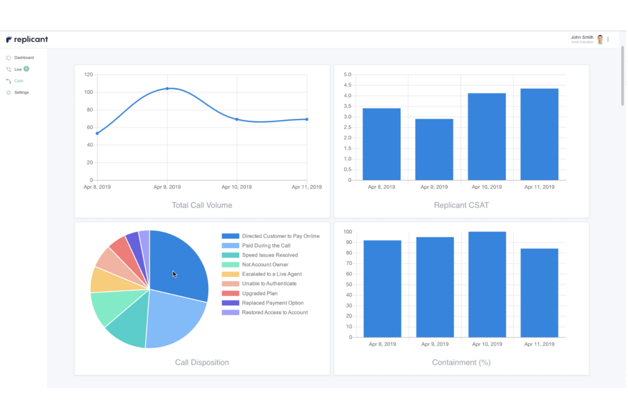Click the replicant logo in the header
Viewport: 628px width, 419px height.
(x=27, y=39)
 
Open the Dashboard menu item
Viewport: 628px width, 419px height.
(x=24, y=58)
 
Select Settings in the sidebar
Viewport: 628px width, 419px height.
(x=21, y=93)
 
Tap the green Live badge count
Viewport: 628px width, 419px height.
(x=26, y=69)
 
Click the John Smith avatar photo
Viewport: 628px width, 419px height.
(x=600, y=39)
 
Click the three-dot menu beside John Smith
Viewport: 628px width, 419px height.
(x=608, y=39)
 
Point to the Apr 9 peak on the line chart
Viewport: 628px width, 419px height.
(x=167, y=89)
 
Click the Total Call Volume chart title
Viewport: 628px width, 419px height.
(x=202, y=205)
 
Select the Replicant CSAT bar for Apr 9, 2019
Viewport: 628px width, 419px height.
(x=434, y=149)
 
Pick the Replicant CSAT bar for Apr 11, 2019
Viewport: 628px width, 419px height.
(x=539, y=134)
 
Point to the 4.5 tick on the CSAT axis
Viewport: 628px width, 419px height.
(x=348, y=85)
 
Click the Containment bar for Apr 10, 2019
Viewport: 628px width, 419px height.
(x=487, y=284)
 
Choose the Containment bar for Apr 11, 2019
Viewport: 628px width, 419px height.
(x=539, y=293)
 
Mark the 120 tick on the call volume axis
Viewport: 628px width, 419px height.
(x=88, y=75)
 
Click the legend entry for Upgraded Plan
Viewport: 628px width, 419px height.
(x=259, y=293)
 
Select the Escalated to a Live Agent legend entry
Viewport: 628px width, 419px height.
(x=272, y=274)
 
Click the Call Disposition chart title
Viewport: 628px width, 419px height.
(x=202, y=363)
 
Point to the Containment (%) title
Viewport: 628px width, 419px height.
(x=461, y=363)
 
